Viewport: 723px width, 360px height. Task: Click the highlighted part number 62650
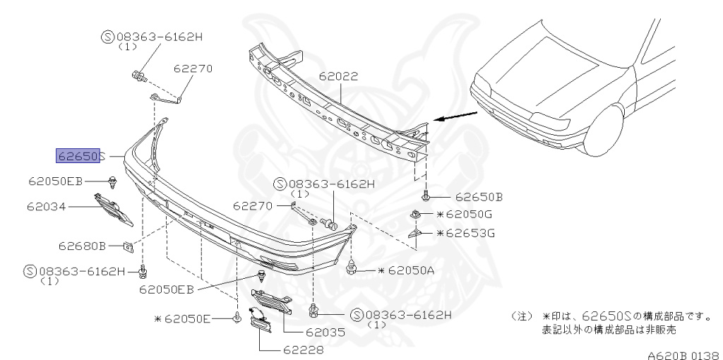(78, 156)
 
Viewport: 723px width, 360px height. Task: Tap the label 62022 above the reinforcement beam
(338, 76)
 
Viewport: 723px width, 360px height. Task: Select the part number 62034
(47, 206)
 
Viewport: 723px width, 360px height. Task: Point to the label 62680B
(82, 246)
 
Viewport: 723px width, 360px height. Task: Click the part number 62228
(304, 350)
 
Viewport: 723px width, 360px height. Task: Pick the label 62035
(325, 332)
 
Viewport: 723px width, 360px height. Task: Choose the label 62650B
(479, 197)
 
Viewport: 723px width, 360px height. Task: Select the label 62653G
(465, 233)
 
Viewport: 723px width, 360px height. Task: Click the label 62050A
(406, 270)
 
